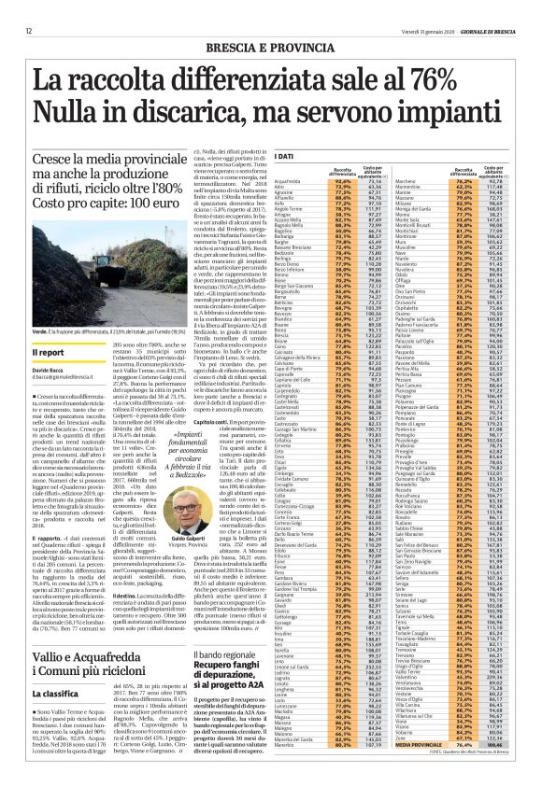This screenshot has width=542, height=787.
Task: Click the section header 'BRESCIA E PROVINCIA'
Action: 270,30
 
